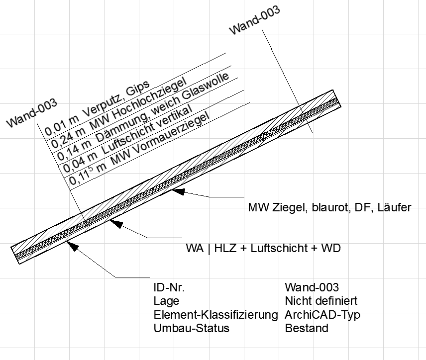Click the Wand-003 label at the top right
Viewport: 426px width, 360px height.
254,20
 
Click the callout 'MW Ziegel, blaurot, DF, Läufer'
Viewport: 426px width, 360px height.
329,207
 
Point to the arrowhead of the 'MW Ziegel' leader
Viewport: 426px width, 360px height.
177,190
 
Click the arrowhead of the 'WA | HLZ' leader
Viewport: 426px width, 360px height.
115,223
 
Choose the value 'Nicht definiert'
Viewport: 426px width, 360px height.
321,301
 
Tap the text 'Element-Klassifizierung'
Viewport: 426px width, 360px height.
215,315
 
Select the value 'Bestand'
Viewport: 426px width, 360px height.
307,328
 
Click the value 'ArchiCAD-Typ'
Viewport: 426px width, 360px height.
322,315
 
